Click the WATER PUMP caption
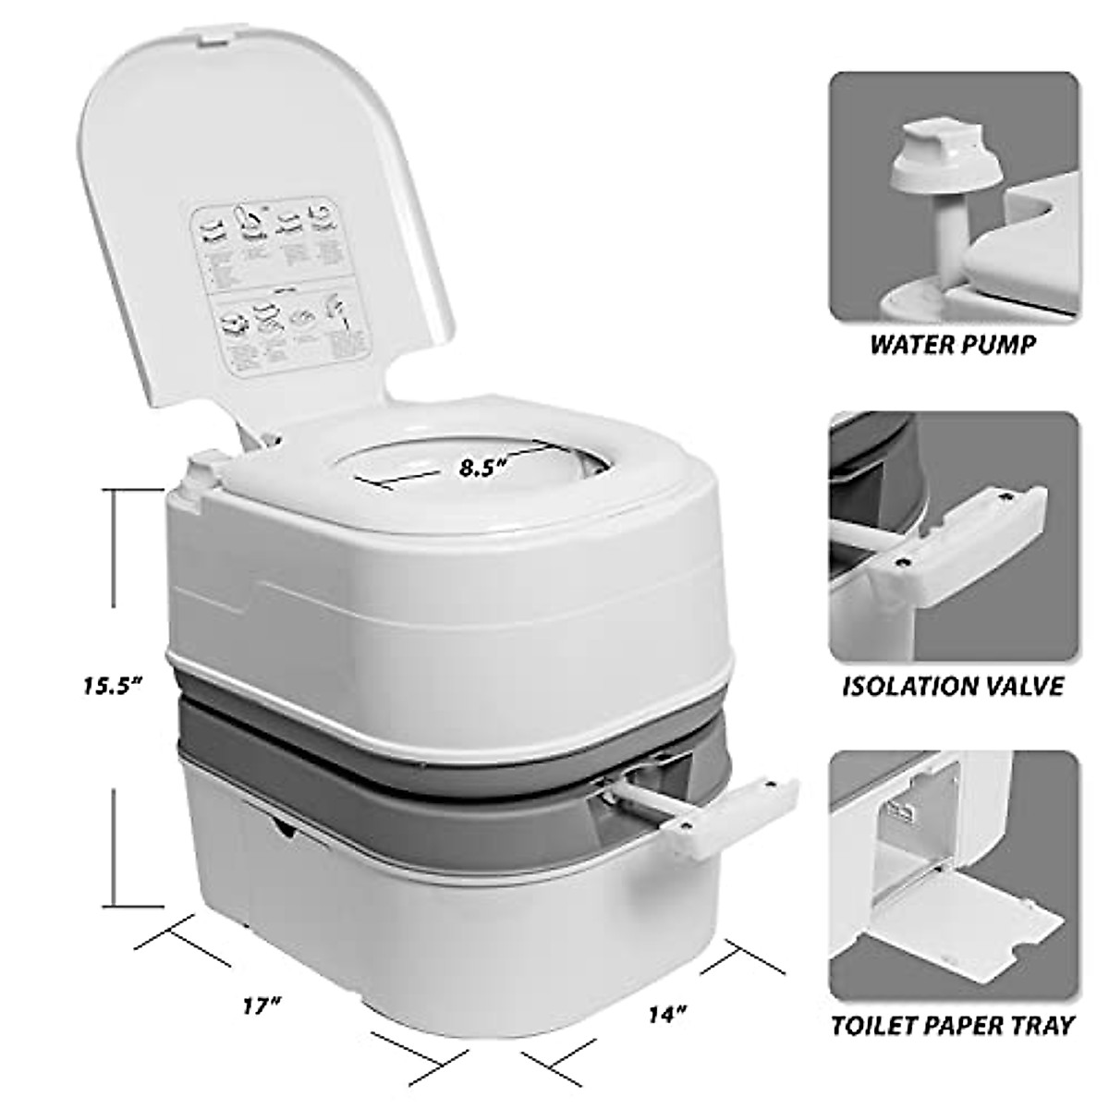pyautogui.click(x=953, y=345)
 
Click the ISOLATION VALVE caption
pyautogui.click(x=953, y=687)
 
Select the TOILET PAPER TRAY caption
pyautogui.click(x=953, y=1051)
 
